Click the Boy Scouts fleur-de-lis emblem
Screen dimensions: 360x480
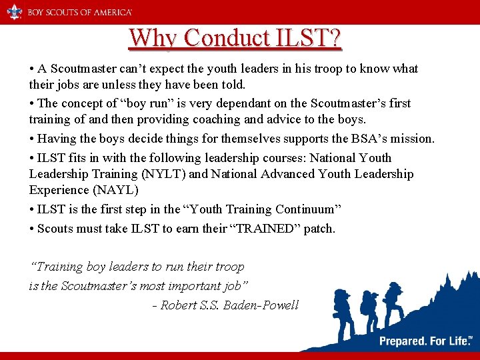(14, 12)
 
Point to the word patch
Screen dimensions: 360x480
(319, 229)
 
